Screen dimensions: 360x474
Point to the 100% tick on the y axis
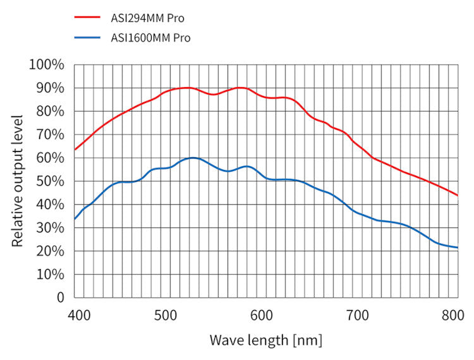coord(46,64)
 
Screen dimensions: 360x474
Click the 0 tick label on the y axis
coord(60,297)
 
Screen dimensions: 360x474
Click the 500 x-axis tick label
coord(166,314)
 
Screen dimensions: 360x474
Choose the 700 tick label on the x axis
coord(358,314)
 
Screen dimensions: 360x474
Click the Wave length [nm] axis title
coord(265,340)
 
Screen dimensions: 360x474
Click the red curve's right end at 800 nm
coord(457,195)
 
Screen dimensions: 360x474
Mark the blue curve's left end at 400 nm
coord(75,219)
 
